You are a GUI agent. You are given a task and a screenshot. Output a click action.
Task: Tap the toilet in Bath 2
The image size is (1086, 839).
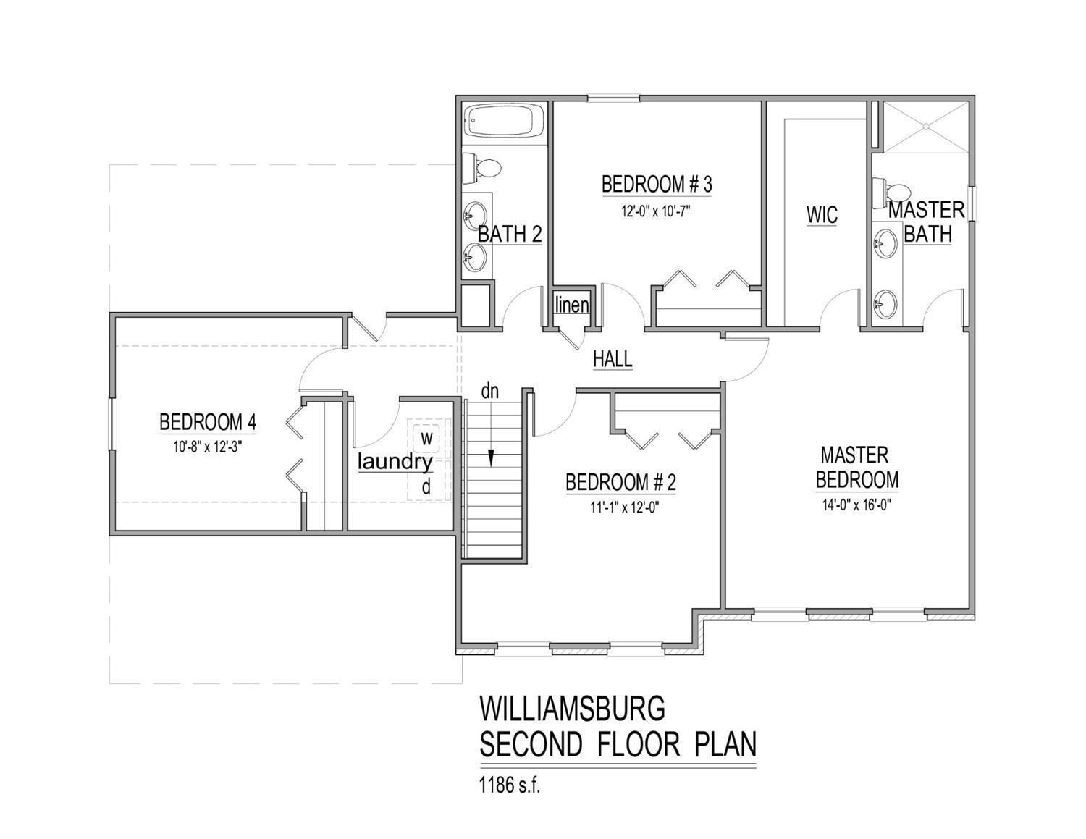click(484, 169)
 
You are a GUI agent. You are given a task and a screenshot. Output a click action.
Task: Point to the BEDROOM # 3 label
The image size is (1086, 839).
click(657, 185)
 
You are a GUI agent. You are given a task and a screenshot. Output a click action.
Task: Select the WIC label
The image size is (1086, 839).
click(822, 215)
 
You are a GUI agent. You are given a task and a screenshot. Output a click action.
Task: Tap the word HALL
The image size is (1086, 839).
click(613, 358)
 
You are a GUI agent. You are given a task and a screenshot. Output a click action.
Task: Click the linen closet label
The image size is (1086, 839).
click(572, 305)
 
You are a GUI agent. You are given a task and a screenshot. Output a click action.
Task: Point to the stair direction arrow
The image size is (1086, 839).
click(491, 458)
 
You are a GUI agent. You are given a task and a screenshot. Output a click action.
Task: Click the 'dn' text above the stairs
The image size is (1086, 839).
click(490, 392)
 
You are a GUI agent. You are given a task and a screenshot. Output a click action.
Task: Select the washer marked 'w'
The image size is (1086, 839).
click(426, 437)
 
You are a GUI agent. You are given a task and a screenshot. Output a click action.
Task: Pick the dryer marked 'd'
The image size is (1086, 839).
click(426, 487)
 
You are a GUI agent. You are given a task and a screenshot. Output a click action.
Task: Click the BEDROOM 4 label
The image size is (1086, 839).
click(208, 421)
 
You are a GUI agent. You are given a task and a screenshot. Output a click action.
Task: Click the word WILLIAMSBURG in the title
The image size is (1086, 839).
click(572, 709)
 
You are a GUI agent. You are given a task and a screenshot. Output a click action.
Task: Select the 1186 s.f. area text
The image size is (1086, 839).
click(510, 785)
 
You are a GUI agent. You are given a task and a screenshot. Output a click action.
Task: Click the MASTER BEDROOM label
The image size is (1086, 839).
click(856, 468)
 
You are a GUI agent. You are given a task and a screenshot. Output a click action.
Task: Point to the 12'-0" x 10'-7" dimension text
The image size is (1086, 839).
click(657, 211)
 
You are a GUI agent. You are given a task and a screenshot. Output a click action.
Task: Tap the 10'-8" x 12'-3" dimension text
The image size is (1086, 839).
click(207, 447)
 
